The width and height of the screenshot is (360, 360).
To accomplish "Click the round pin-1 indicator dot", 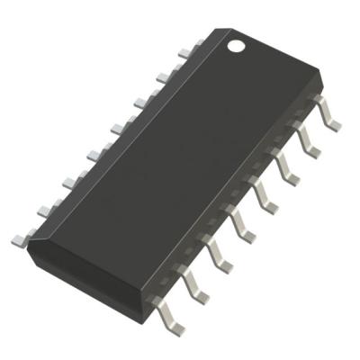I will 237,42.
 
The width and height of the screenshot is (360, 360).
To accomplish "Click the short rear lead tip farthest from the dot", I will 18,240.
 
